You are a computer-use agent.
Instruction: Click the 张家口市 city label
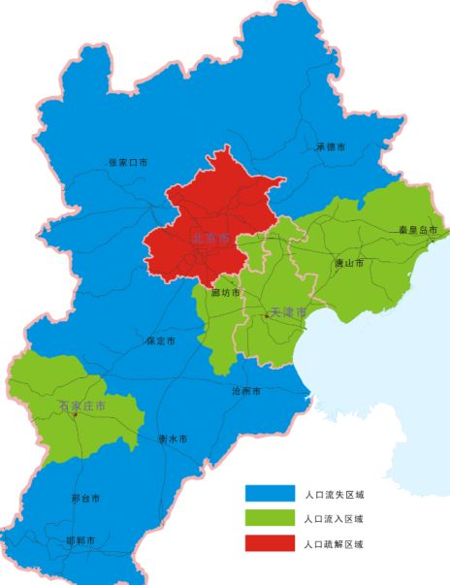coord(128,162)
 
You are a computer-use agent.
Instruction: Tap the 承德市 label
coord(331,147)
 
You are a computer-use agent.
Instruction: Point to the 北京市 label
coord(210,238)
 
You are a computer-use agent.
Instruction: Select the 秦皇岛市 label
coord(418,231)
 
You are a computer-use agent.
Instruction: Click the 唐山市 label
coord(348,263)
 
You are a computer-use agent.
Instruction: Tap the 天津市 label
coord(288,313)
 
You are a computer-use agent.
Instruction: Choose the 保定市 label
coord(160,341)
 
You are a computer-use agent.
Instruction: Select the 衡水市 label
coord(173,439)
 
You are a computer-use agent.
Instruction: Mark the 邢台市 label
coord(85,499)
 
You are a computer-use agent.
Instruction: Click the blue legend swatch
coord(270,494)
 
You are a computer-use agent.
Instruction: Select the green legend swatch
coord(270,519)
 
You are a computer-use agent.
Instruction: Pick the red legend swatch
coord(270,544)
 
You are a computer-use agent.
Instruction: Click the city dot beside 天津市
coord(266,315)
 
